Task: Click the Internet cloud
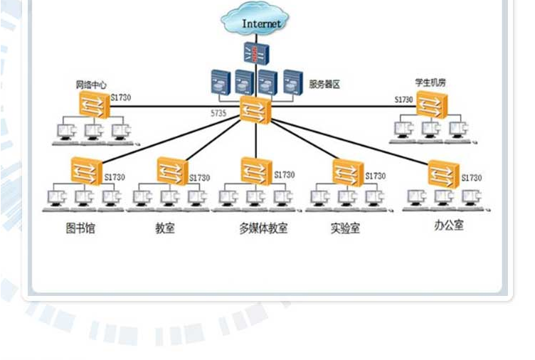(261, 22)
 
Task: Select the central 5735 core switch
(255, 110)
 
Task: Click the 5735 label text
(218, 114)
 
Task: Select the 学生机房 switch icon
(430, 105)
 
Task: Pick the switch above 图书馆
(87, 171)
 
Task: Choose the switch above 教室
(171, 171)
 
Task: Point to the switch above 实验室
(348, 171)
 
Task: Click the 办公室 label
(448, 226)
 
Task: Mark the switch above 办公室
(443, 174)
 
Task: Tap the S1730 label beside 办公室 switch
(472, 178)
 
